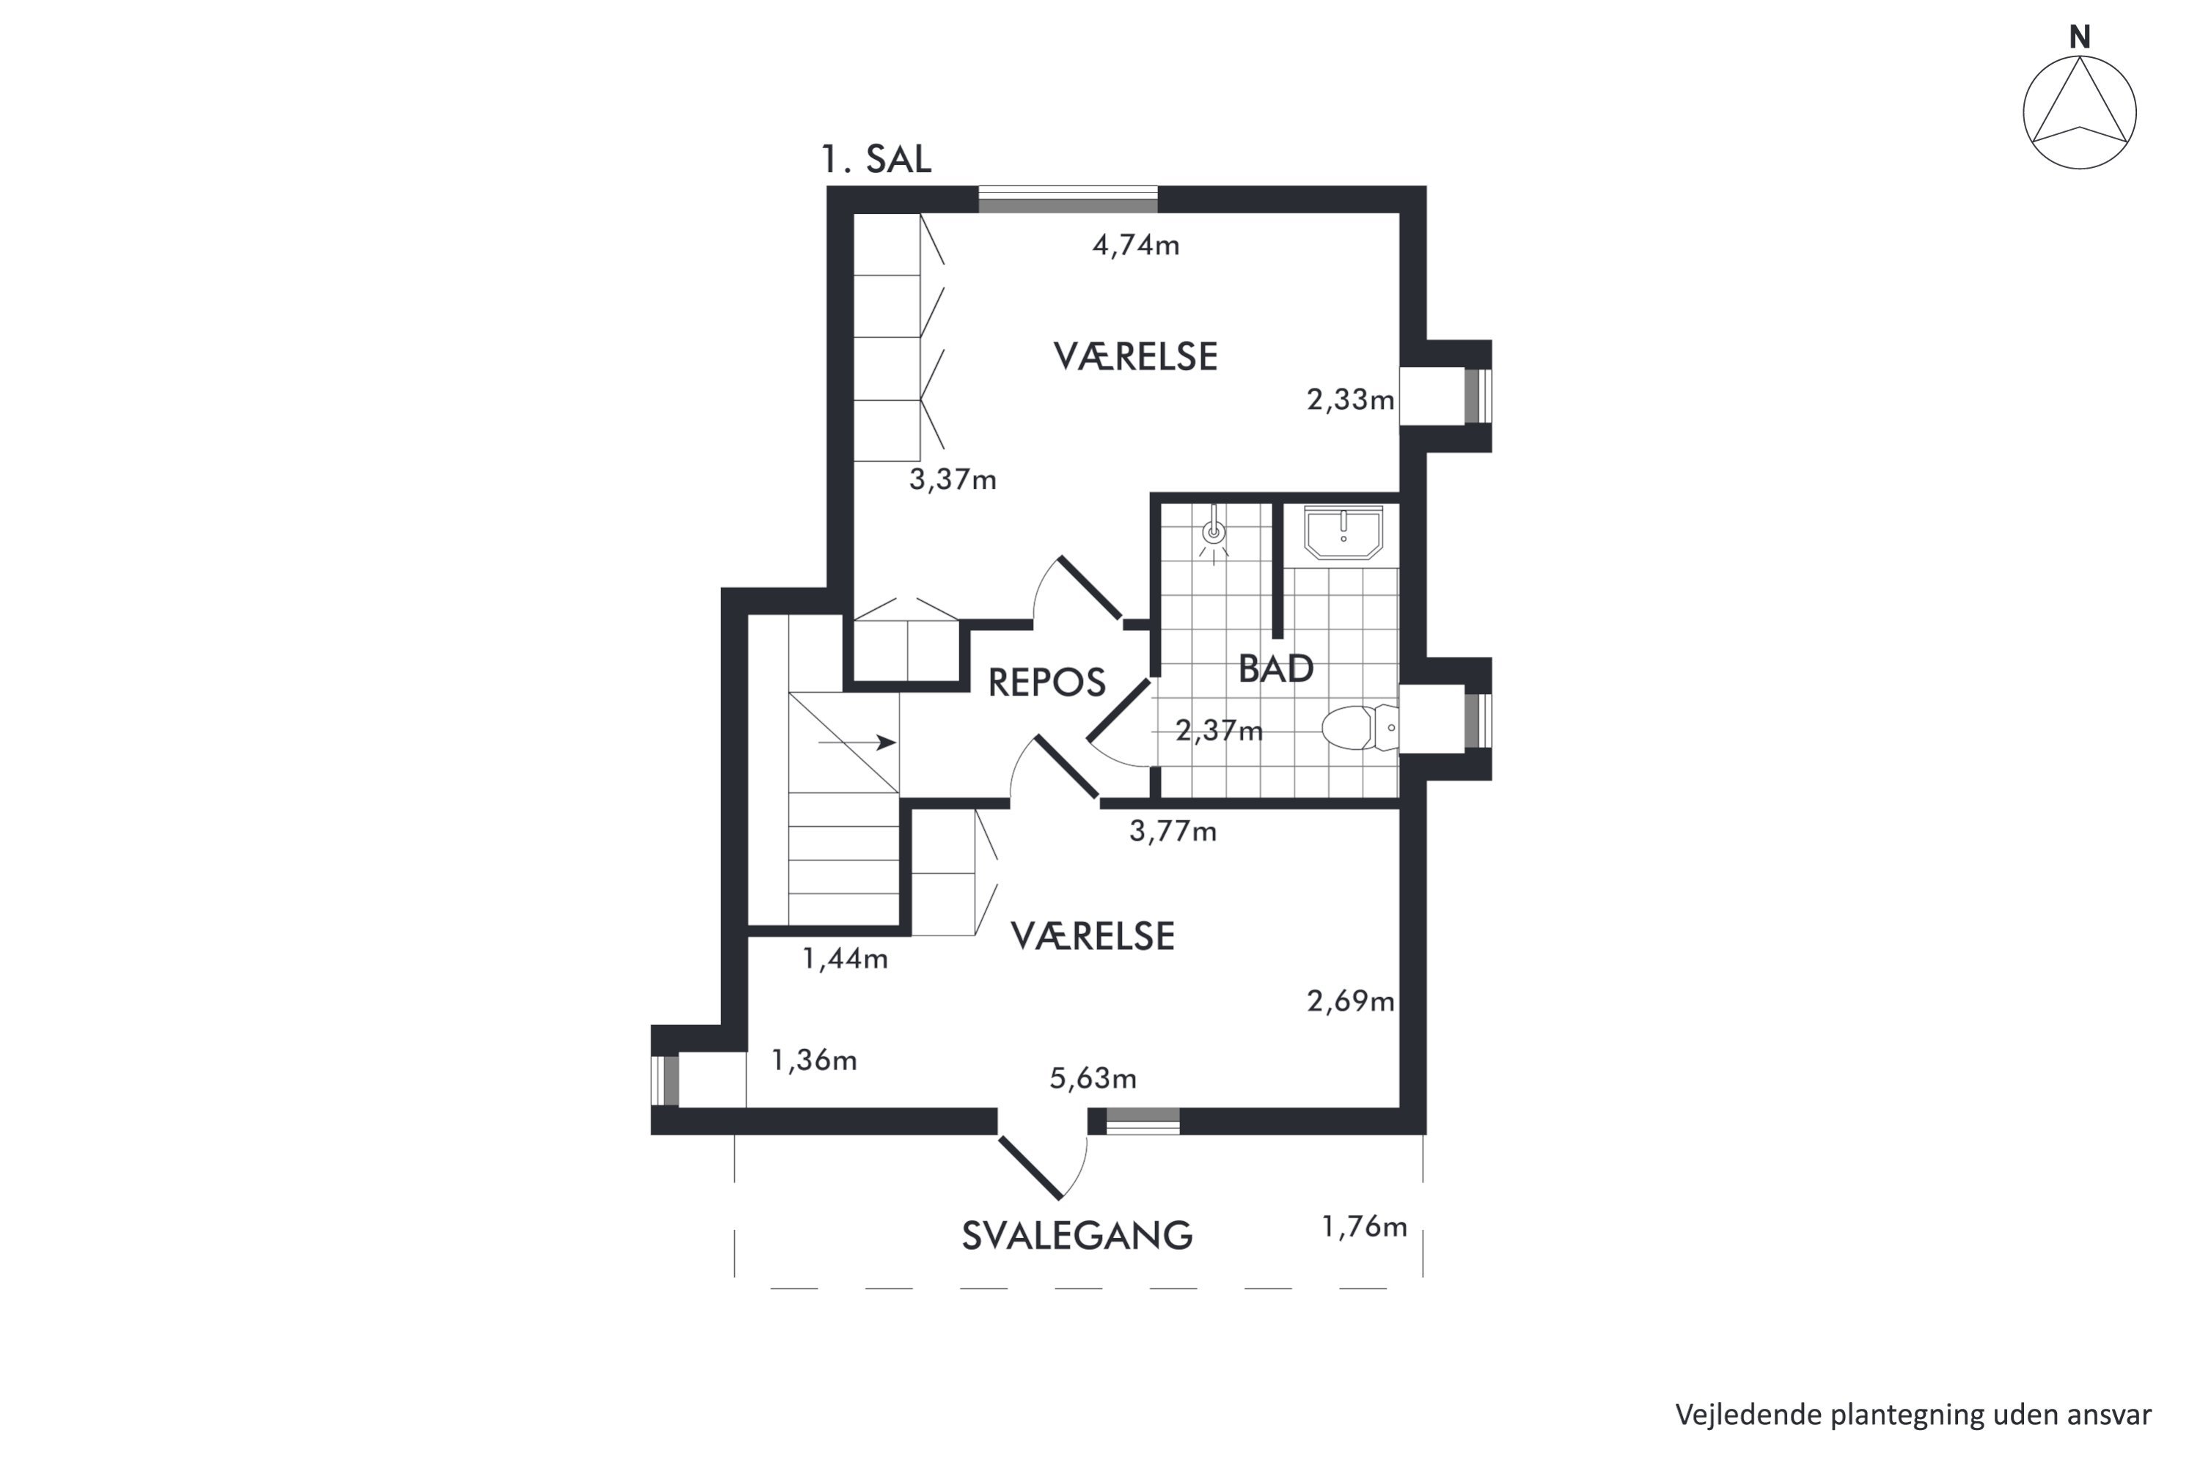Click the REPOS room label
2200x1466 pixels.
pos(1046,682)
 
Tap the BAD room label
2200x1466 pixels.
pos(1276,668)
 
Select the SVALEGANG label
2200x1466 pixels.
pos(1077,1236)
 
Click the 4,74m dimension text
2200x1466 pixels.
pos(1135,245)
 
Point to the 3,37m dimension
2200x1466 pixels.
pos(952,479)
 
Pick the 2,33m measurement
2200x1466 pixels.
pos(1351,400)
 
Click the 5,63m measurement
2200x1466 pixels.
pos(1093,1079)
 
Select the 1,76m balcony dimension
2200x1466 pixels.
pos(1364,1226)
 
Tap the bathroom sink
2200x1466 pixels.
pos(1343,533)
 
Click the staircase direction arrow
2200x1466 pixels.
pos(857,743)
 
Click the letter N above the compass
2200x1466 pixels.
pos(2079,37)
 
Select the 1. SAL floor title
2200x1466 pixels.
pos(876,160)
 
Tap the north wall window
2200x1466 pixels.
pos(1068,200)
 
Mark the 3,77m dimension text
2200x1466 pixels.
pos(1173,831)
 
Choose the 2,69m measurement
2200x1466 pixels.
pos(1351,1002)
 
